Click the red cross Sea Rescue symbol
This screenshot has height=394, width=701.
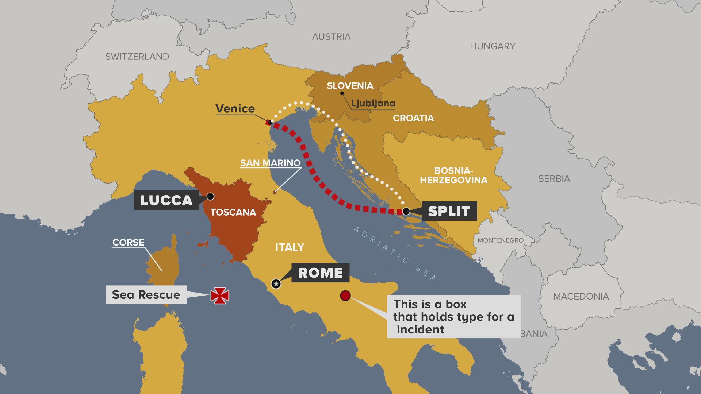(220, 295)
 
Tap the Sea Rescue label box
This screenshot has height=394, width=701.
(146, 294)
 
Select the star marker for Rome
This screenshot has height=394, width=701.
(276, 283)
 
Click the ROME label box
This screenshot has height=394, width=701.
(320, 273)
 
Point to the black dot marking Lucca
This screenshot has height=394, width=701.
(210, 196)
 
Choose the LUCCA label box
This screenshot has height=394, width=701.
(166, 200)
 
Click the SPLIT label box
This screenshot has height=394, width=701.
(449, 211)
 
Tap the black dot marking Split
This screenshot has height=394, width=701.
(406, 211)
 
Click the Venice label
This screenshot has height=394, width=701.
(235, 108)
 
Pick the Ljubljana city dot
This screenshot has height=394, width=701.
(342, 93)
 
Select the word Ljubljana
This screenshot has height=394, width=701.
(373, 103)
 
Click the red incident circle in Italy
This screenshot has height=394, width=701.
(345, 295)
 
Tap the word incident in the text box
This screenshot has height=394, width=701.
(420, 329)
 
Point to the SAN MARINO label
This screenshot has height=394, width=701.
(270, 163)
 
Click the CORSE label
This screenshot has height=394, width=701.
(128, 242)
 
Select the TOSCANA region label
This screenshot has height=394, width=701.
(233, 212)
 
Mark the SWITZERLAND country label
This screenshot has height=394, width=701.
(137, 57)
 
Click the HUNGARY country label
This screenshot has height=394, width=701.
(492, 46)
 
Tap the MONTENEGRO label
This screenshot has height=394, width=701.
(500, 240)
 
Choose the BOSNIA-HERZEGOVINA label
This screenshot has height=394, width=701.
(453, 175)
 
